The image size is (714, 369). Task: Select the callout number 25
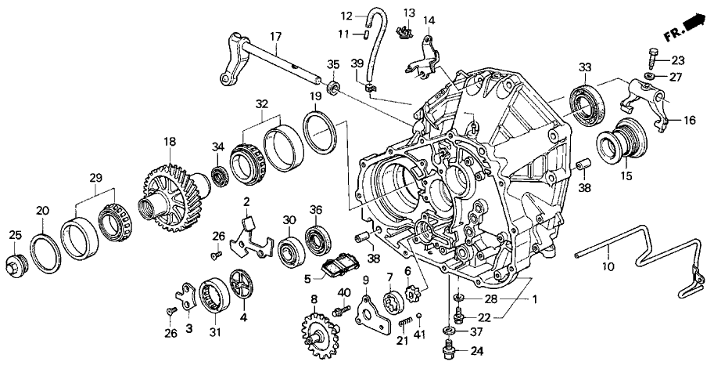point(15,235)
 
